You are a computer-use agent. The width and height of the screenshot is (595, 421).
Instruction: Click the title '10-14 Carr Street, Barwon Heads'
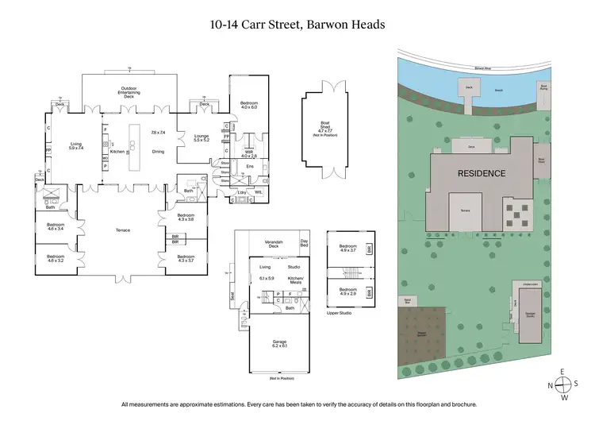pyautogui.click(x=297, y=25)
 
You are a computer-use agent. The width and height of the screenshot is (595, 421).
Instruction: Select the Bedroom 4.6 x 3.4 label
pyautogui.click(x=55, y=227)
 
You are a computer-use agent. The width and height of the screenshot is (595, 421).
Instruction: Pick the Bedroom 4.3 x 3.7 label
pyautogui.click(x=186, y=259)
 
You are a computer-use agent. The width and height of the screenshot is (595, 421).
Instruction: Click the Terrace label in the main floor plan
pyautogui.click(x=122, y=230)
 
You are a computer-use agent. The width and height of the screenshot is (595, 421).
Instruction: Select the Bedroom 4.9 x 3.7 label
pyautogui.click(x=348, y=248)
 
